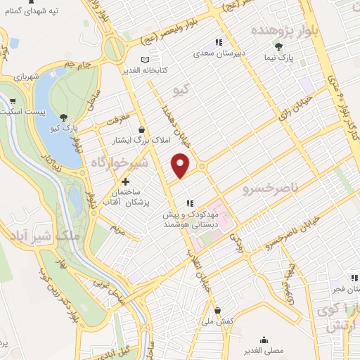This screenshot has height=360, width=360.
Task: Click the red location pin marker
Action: (x=181, y=165)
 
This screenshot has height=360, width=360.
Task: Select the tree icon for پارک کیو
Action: (x=65, y=117)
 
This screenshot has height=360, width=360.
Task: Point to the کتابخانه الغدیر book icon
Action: (x=145, y=60)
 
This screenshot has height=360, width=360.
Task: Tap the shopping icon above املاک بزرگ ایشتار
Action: (x=143, y=129)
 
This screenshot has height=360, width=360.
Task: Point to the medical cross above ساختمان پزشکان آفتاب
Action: (x=126, y=182)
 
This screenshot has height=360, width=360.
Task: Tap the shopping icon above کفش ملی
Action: (x=217, y=310)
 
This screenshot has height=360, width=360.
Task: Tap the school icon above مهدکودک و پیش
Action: (x=188, y=204)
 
